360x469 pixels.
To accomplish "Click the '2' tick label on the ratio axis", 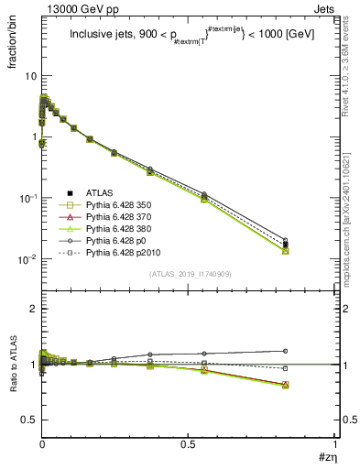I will point(34,309).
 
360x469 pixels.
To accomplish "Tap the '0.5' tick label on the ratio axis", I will point(29,419).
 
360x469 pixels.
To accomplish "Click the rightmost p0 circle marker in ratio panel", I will point(285,351).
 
